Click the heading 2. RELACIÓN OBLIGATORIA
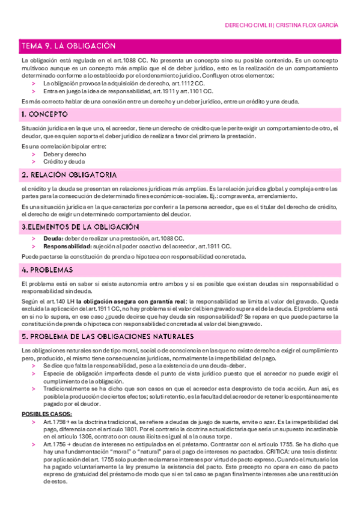69,174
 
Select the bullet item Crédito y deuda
64,161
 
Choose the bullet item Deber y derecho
63,154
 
